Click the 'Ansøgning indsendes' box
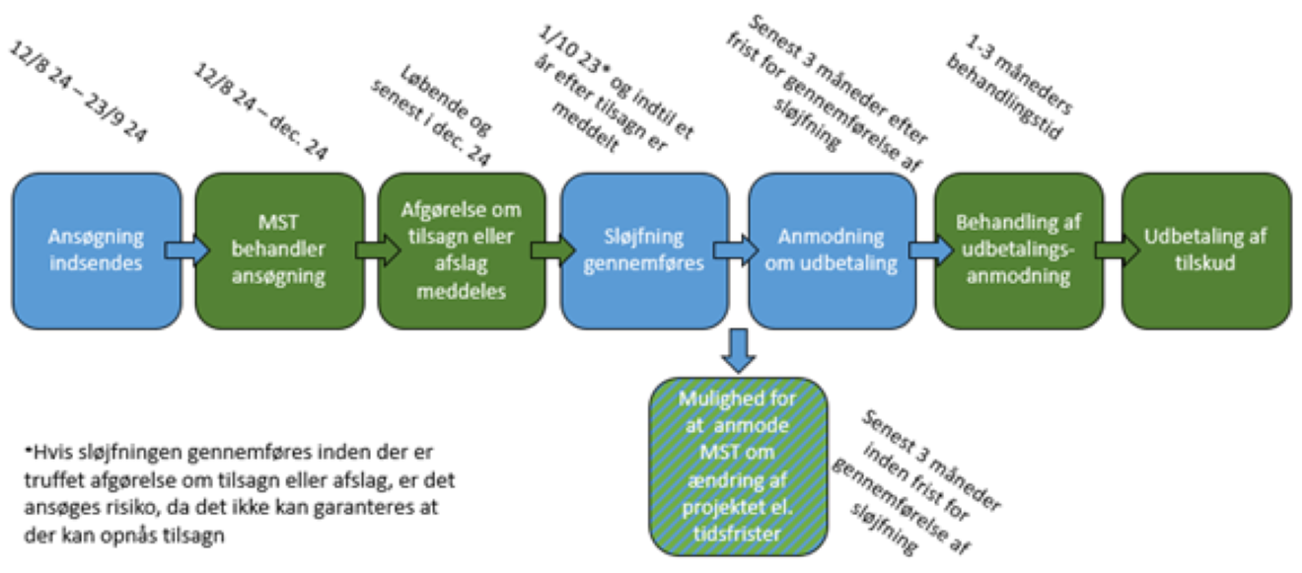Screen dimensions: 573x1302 click(97, 251)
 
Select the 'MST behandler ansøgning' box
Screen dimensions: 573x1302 click(279, 251)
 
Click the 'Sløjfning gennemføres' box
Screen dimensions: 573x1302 click(646, 251)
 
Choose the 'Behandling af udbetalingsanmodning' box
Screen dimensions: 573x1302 click(1018, 251)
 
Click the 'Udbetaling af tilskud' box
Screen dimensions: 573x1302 click(1206, 251)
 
